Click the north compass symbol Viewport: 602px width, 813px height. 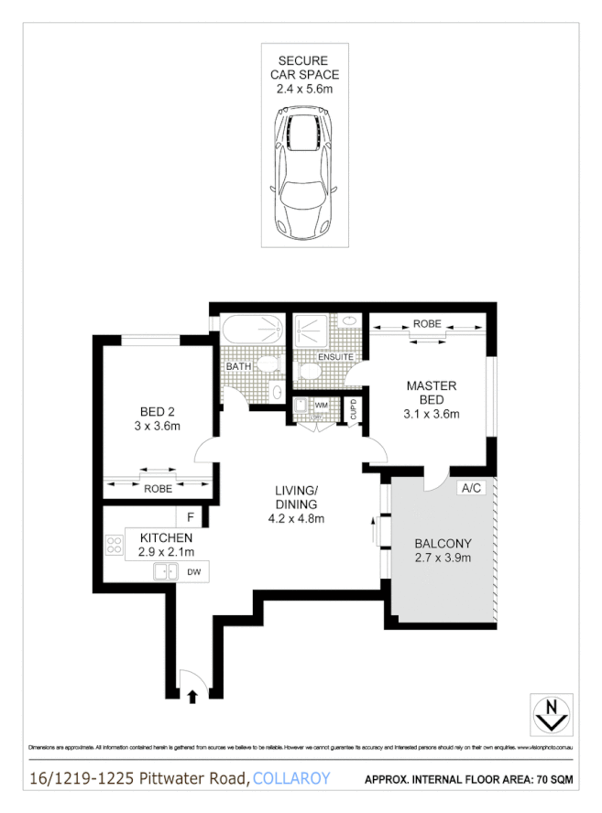[551, 713]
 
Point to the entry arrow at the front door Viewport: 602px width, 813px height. [192, 698]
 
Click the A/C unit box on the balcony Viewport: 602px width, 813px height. [472, 488]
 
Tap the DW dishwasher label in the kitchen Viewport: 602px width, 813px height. [193, 572]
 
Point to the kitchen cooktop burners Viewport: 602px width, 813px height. [114, 547]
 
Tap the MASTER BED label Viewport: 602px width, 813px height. [432, 394]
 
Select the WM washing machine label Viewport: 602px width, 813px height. [321, 404]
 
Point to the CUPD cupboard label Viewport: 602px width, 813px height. [354, 409]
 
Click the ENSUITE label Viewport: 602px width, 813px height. [335, 357]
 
